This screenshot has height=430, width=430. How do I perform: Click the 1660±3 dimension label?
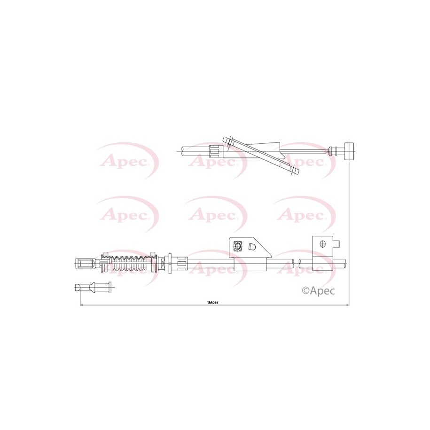(x=212, y=302)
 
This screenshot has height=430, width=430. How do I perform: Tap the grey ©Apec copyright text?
(x=318, y=291)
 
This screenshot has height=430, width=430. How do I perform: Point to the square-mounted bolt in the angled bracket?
(x=237, y=246)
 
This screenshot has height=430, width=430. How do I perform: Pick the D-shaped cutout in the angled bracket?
(x=251, y=247)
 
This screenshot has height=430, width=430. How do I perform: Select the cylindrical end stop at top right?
(x=349, y=151)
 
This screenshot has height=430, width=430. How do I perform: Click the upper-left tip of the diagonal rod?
(x=226, y=139)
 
